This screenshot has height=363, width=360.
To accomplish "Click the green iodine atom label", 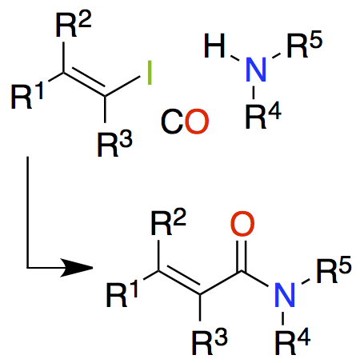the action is click(x=150, y=73).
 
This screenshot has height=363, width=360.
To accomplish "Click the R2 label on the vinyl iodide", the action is click(x=74, y=25).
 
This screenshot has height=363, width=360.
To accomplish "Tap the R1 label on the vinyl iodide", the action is click(x=27, y=96).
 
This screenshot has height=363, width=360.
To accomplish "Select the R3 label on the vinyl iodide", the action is click(x=114, y=144).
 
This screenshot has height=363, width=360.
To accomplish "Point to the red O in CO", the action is click(x=197, y=122).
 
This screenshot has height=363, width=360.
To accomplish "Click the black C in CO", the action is click(x=173, y=122).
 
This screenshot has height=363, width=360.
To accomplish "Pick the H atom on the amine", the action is click(x=214, y=46).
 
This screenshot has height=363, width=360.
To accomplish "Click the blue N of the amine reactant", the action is click(x=256, y=70).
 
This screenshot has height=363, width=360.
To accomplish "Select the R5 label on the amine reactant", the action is click(x=305, y=44).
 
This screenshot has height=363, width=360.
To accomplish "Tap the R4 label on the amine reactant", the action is click(x=263, y=116).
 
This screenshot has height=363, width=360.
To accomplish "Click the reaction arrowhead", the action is click(x=76, y=267).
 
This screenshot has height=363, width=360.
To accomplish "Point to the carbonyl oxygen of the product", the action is click(x=242, y=224).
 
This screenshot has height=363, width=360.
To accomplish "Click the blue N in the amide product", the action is click(x=285, y=294).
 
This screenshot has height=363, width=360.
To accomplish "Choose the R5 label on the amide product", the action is click(x=334, y=269).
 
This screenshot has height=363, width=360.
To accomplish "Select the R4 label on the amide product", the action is click(x=293, y=341).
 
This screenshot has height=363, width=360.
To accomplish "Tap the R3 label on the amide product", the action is click(x=210, y=342).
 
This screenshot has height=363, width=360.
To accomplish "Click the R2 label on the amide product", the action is click(x=169, y=223).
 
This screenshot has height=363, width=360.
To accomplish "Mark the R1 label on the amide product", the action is click(x=122, y=294).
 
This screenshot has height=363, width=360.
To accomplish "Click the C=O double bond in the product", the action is click(x=242, y=257).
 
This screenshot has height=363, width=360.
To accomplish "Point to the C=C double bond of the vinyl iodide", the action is click(x=84, y=83).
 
